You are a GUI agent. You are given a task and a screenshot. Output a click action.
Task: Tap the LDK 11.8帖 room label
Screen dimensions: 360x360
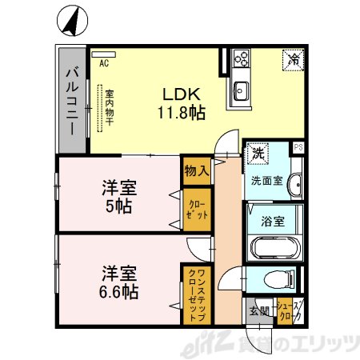tap(182, 101)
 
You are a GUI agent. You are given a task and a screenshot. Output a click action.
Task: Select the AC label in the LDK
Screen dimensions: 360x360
tap(104, 62)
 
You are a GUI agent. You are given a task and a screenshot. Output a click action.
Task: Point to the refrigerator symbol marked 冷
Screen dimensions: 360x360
tap(294, 58)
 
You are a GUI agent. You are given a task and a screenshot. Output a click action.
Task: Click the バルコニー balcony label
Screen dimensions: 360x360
tap(70, 100)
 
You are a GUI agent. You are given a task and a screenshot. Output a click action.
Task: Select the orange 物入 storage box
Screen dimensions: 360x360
tap(196, 170)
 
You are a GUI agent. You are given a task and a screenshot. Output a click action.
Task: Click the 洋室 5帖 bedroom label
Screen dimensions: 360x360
tap(118, 197)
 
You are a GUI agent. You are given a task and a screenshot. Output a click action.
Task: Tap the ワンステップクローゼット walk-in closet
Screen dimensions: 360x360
tap(196, 294)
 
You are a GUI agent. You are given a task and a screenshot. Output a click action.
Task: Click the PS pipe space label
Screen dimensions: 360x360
tap(298, 147)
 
